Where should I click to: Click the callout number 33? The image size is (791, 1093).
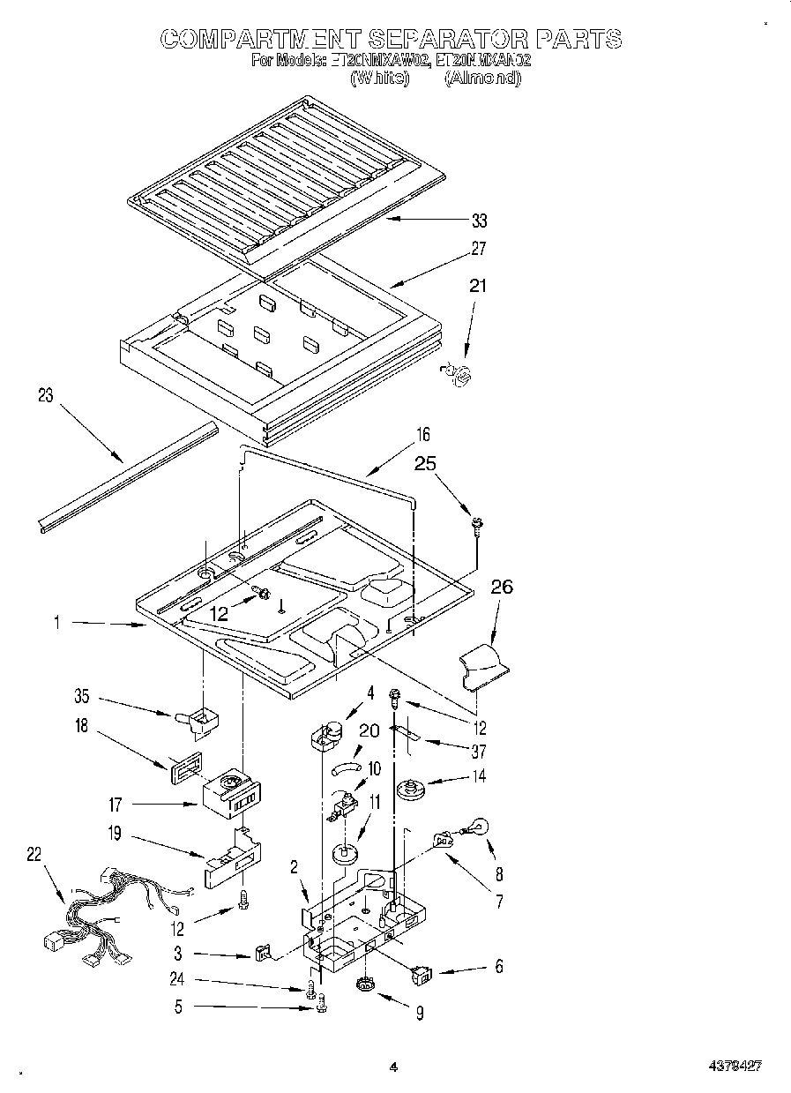click(x=479, y=221)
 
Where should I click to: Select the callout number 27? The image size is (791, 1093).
click(x=479, y=249)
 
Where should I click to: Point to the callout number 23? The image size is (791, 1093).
click(x=45, y=396)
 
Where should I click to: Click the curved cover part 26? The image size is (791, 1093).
click(x=482, y=666)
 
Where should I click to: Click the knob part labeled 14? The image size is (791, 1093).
click(x=408, y=788)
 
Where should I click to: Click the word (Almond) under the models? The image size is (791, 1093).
click(x=482, y=78)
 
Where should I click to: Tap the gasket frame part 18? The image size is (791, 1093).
click(x=184, y=762)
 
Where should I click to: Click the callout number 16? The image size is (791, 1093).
click(x=423, y=434)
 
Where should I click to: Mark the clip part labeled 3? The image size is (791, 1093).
click(x=262, y=953)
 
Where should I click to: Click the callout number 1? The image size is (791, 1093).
click(x=56, y=622)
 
